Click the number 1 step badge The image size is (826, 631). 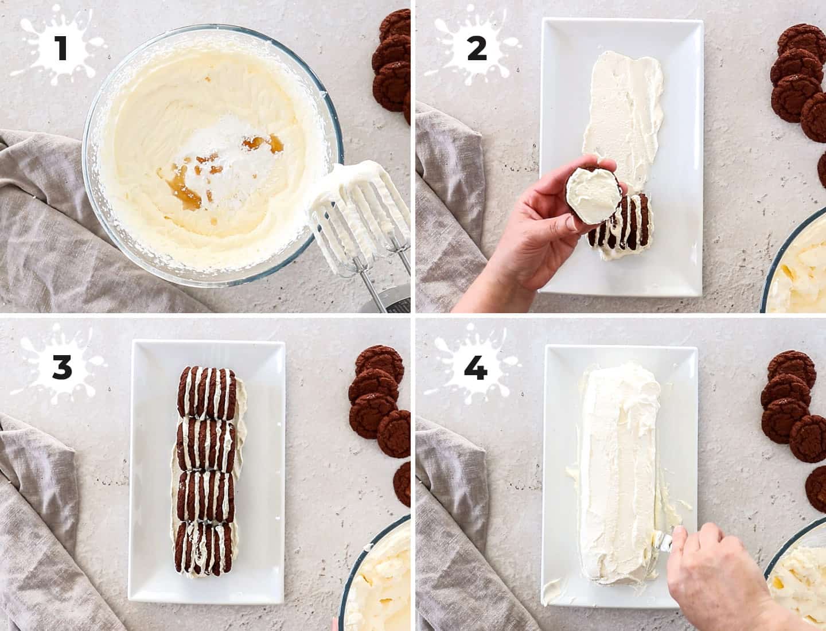tap(60, 48)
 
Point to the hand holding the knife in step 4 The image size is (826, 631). tap(717, 579)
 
